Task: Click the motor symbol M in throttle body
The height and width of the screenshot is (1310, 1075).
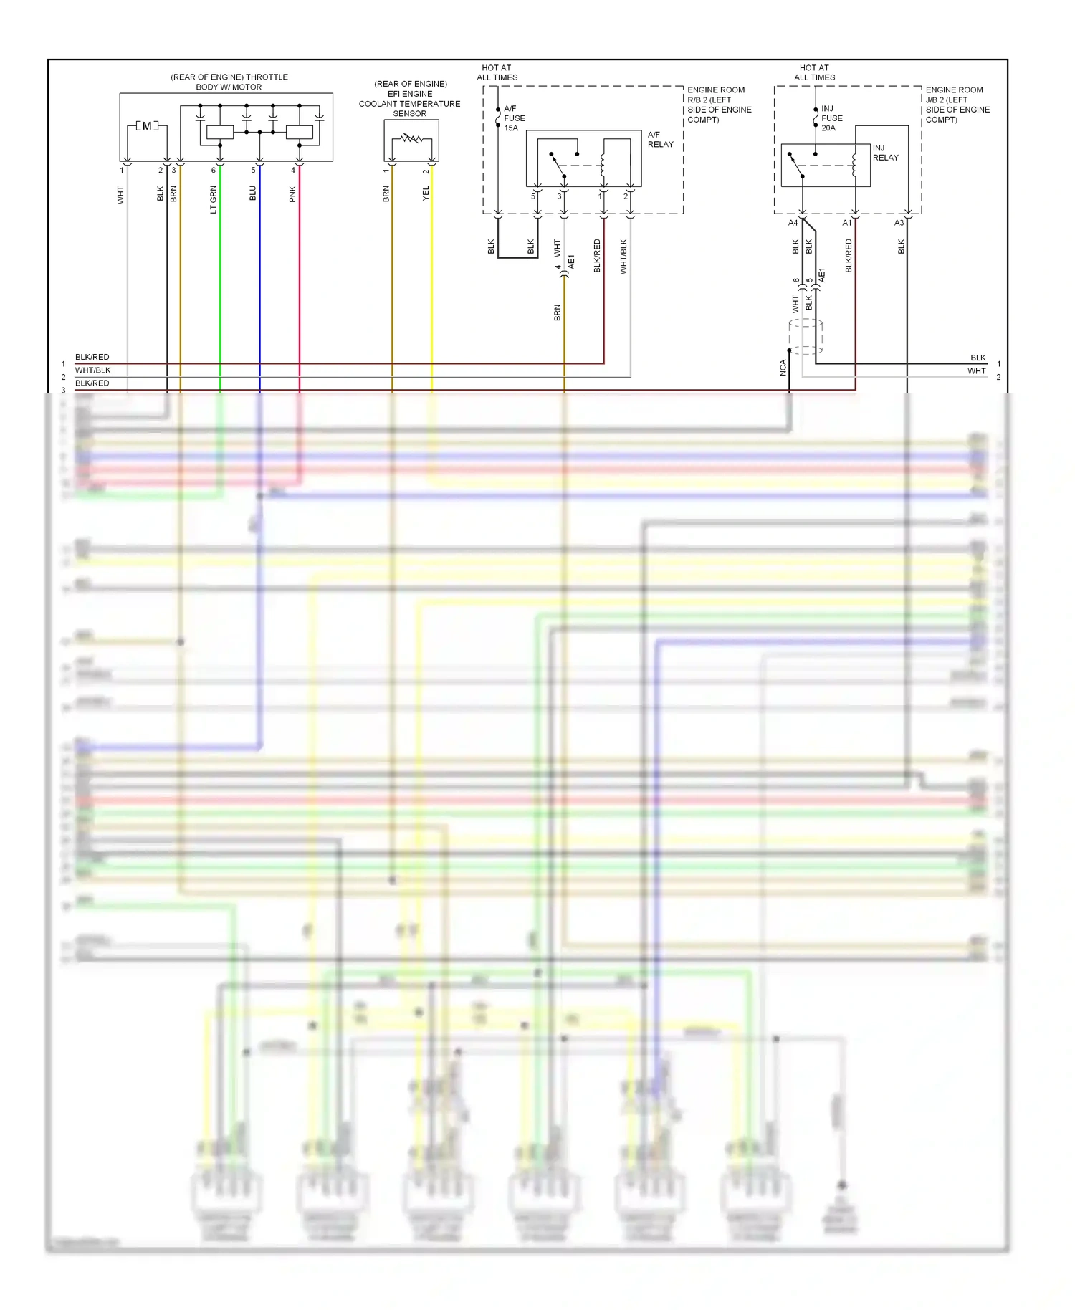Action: [147, 126]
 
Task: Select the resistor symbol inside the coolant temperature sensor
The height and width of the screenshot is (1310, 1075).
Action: [411, 138]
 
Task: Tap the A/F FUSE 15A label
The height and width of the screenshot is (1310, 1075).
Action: [514, 118]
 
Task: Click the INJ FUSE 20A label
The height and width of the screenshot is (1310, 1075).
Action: [831, 118]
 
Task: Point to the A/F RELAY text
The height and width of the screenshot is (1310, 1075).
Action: [660, 139]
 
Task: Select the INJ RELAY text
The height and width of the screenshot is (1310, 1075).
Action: [885, 153]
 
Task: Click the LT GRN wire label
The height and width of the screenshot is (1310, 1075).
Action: [213, 199]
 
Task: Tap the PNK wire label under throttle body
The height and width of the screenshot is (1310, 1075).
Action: [292, 194]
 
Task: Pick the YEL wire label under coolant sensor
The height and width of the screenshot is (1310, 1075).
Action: [426, 193]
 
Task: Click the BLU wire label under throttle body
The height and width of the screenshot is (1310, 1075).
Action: [252, 193]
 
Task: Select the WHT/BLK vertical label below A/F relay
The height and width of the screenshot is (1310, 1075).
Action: [623, 257]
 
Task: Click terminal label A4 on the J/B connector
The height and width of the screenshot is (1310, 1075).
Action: [793, 223]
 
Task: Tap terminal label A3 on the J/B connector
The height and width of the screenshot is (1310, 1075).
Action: [899, 223]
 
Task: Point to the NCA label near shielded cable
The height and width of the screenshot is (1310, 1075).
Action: [783, 368]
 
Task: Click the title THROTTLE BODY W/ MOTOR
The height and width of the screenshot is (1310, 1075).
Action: [229, 82]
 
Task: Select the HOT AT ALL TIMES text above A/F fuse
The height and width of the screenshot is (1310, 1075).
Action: [497, 72]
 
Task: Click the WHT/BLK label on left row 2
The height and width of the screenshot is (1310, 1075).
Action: [93, 370]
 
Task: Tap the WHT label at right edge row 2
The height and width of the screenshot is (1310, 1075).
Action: [976, 371]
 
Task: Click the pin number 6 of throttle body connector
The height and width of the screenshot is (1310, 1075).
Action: [213, 171]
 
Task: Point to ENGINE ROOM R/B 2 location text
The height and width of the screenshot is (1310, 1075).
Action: [719, 105]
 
